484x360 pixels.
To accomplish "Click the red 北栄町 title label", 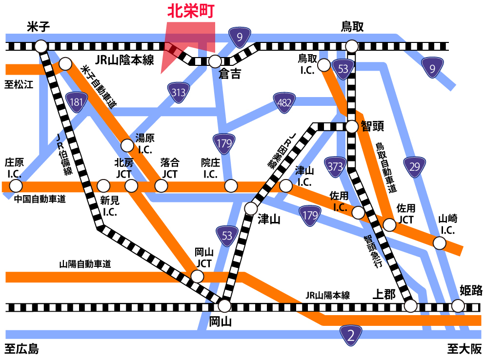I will [191, 12].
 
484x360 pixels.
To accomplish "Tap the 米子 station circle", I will [41, 46].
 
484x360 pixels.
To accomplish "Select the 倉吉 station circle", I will [215, 61].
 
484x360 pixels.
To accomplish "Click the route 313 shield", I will [178, 91].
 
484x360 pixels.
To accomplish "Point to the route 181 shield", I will [76, 102].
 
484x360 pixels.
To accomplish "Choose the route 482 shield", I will [284, 102].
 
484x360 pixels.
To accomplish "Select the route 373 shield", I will [336, 167].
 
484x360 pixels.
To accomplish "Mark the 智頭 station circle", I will [352, 127].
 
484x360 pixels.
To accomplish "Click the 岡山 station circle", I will [224, 306].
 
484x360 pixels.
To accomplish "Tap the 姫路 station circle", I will [458, 306].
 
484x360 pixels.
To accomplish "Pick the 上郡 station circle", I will [411, 306].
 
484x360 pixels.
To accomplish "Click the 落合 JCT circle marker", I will [161, 186].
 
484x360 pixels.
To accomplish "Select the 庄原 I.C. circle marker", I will [16, 186].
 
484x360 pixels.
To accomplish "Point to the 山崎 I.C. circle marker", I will [440, 243].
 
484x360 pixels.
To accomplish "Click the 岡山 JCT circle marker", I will [197, 276].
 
